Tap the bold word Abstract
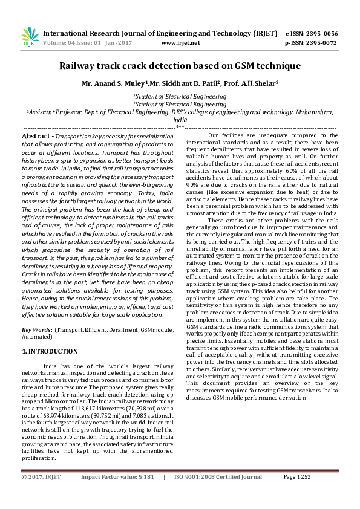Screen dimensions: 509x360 36,138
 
